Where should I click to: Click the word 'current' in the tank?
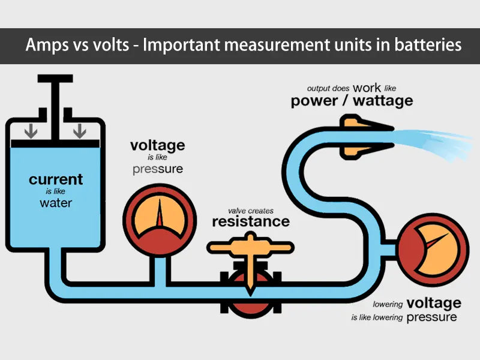tap(56, 179)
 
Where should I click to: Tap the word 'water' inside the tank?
tap(56, 203)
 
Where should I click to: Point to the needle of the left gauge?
tap(159, 214)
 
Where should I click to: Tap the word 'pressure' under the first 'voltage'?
tap(157, 169)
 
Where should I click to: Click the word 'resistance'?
tap(251, 221)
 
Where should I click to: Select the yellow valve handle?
tap(250, 247)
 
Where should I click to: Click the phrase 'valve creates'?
tap(251, 211)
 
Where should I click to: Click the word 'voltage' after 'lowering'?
tap(433, 302)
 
